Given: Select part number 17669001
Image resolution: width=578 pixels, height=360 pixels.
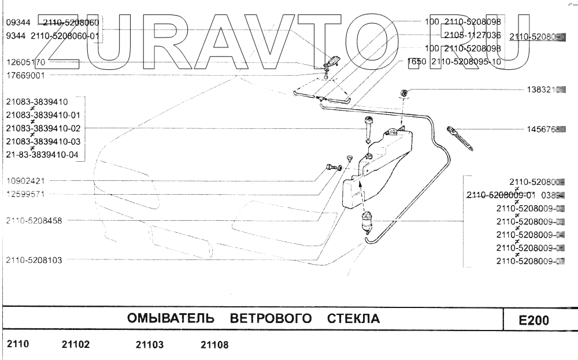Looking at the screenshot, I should click(24, 75).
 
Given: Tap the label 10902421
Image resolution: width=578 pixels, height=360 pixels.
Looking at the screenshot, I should click(24, 180).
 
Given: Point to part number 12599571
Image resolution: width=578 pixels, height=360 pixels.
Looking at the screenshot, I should click(24, 194).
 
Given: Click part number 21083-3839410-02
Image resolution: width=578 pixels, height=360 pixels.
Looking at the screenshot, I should click(43, 128).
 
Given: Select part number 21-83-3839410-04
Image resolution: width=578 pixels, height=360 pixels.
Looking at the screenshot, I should click(43, 154).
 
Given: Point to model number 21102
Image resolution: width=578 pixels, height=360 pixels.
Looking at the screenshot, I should click(75, 345).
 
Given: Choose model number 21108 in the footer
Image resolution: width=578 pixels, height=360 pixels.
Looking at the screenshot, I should click(214, 345).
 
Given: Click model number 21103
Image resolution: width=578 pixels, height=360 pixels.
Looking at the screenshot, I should click(150, 345).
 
